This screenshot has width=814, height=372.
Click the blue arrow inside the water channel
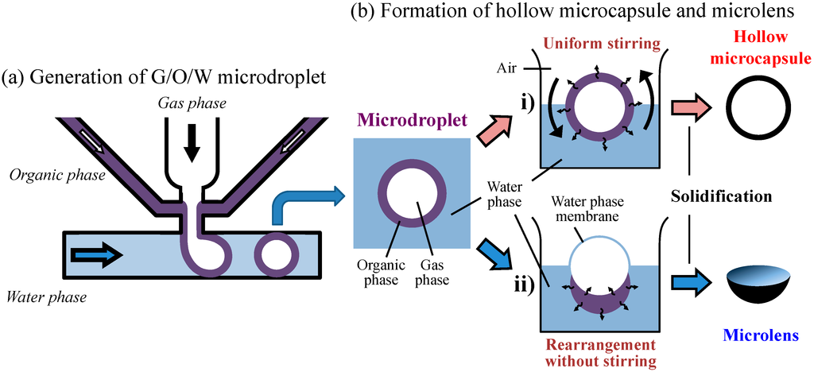pos(95,254)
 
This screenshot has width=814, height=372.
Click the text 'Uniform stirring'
pos(601,41)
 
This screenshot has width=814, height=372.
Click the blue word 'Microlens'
pos(761,335)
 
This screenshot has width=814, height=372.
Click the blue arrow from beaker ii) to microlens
pos(689,283)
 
